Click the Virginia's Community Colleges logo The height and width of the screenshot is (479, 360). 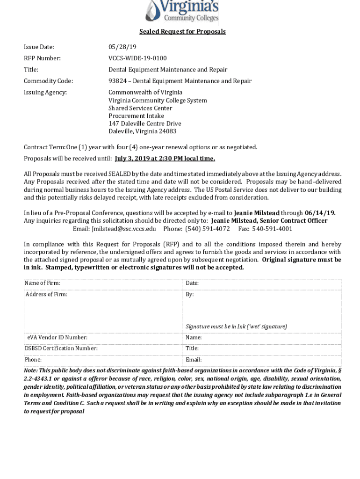182,12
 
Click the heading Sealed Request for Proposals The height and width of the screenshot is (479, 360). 182,32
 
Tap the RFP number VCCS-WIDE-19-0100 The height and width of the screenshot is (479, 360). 137,58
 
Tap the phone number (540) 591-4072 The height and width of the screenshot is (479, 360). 208,229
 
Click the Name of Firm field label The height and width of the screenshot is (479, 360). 42,283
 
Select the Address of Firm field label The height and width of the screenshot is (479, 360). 46,295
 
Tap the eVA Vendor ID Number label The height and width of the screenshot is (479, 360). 57,337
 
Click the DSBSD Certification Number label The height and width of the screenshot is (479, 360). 61,348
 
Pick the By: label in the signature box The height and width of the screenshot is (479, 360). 189,295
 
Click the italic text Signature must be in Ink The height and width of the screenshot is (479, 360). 236,327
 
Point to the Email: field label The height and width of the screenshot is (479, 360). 194,360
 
